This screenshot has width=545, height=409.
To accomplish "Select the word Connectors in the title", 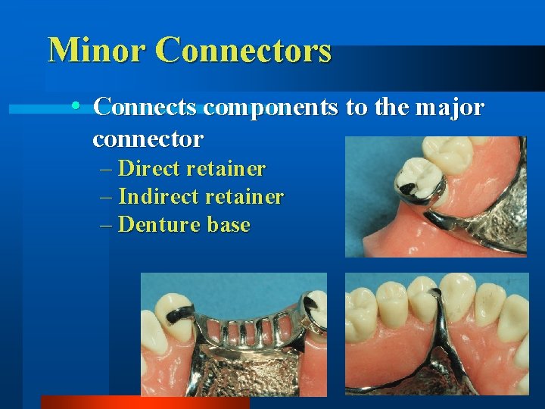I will pyautogui.click(x=244, y=50).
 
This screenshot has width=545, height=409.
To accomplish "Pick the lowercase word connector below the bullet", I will pyautogui.click(x=148, y=139).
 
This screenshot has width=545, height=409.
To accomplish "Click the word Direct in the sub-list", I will pyautogui.click(x=151, y=167).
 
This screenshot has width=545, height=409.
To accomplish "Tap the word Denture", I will pyautogui.click(x=157, y=225).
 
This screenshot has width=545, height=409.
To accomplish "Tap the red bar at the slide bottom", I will pyautogui.click(x=144, y=402).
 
